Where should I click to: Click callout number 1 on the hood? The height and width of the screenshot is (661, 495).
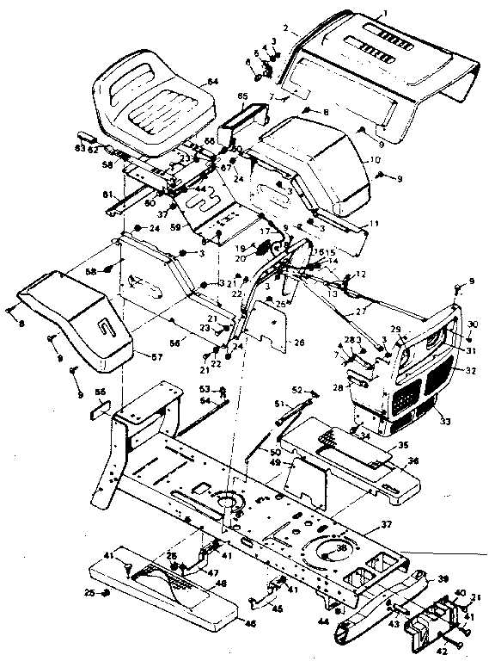(x=386, y=12)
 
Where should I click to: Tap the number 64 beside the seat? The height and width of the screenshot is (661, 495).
(x=212, y=82)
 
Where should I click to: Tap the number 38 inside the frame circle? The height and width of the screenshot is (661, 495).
(x=343, y=547)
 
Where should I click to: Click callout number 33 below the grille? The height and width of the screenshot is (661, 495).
(x=444, y=421)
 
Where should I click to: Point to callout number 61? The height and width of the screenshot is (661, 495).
(x=107, y=195)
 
